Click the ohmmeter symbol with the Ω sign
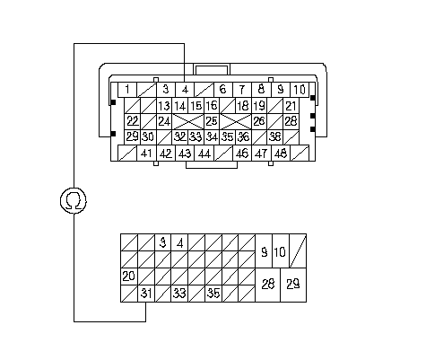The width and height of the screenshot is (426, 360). point(74,200)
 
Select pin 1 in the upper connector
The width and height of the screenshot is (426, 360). point(127,90)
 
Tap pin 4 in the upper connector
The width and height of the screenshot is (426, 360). point(185,90)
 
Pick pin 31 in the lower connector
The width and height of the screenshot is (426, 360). point(146,294)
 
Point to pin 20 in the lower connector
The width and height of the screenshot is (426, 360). point(129,277)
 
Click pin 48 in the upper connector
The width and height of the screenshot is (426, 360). point(281,154)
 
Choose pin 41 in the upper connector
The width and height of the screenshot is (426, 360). point(146,154)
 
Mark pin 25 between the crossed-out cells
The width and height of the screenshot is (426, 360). point(212,121)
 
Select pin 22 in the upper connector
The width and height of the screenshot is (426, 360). point(132,121)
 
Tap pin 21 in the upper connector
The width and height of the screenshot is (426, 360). point(291,105)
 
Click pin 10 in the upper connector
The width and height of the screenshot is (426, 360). point(300,90)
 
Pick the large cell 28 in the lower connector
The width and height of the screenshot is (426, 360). point(267,285)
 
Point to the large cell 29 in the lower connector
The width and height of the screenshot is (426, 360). point(293,285)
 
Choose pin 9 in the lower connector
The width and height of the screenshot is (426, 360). point(264,250)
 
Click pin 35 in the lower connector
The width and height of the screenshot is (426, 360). point(213,294)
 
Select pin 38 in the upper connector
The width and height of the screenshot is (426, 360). point(275,137)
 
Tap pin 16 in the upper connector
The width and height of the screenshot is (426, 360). point(212,105)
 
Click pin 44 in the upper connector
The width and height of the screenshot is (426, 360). point(204,154)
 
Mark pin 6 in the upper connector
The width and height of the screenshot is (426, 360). point(223,90)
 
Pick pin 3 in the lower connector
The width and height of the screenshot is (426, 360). point(163,242)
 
